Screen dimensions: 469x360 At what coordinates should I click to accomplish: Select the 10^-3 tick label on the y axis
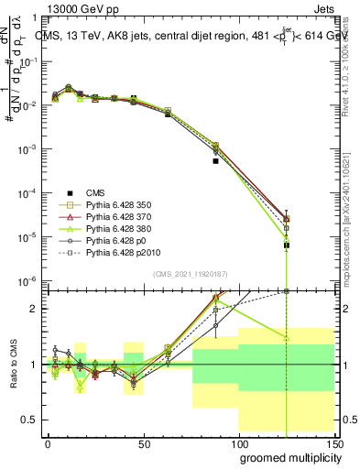pyautogui.click(x=29, y=149)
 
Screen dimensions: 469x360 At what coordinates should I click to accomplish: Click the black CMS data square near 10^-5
pyautogui.click(x=288, y=245)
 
